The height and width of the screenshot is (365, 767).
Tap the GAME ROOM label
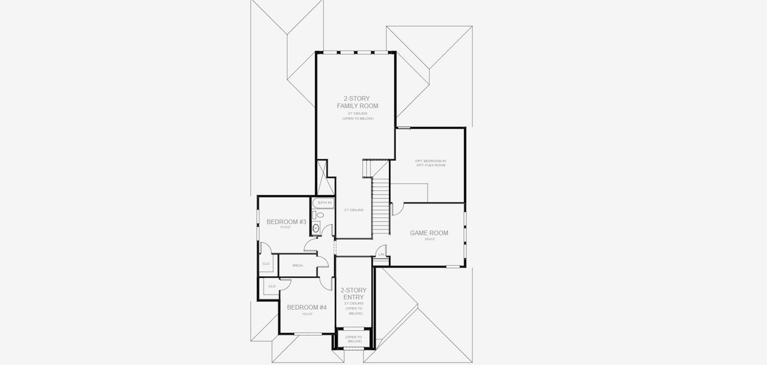coord(429,233)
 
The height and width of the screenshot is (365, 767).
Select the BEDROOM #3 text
coord(286,221)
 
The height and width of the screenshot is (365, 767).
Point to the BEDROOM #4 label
coord(307,307)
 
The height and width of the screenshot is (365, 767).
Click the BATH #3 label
coord(324,202)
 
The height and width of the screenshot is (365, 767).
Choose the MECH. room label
coord(298,265)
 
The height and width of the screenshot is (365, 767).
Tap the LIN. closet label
coord(381,254)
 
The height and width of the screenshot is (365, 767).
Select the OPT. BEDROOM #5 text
coord(430,161)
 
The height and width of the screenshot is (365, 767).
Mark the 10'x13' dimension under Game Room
coord(429,239)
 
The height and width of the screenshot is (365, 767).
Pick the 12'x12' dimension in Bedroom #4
coord(307,314)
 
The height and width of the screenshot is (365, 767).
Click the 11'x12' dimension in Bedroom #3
coord(286,228)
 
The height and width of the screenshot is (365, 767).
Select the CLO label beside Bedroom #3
coord(266,263)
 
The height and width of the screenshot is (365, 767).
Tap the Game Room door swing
coord(396,209)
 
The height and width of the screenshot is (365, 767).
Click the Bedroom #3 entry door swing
coord(310,244)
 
